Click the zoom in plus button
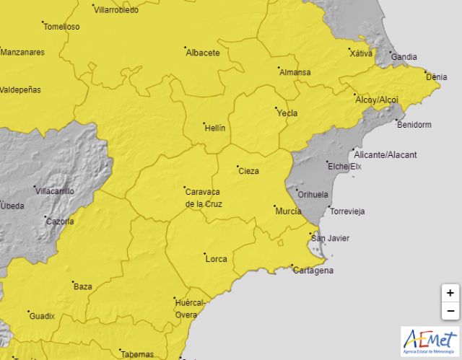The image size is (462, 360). click(x=450, y=293)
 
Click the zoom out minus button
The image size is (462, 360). click(x=450, y=311)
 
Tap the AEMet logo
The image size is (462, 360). click(x=430, y=340)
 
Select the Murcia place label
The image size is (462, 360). click(x=289, y=211)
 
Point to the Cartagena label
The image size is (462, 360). click(x=314, y=271)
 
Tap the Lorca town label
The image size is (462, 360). click(x=217, y=258)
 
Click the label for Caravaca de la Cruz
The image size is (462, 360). click(x=204, y=198)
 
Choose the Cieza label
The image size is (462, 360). click(x=248, y=171)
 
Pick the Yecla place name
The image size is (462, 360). click(x=287, y=113)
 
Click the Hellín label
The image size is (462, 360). click(x=215, y=128)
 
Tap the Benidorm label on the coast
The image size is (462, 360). click(x=414, y=125)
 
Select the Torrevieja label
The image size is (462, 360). click(x=347, y=211)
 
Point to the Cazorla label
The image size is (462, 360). click(x=59, y=221)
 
